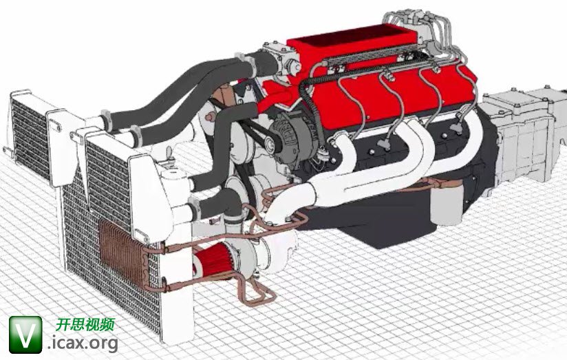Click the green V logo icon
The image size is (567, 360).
[25, 335]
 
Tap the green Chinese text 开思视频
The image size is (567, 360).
[85, 324]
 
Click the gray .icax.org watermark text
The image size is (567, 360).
[83, 343]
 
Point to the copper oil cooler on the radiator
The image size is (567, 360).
[123, 251]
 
